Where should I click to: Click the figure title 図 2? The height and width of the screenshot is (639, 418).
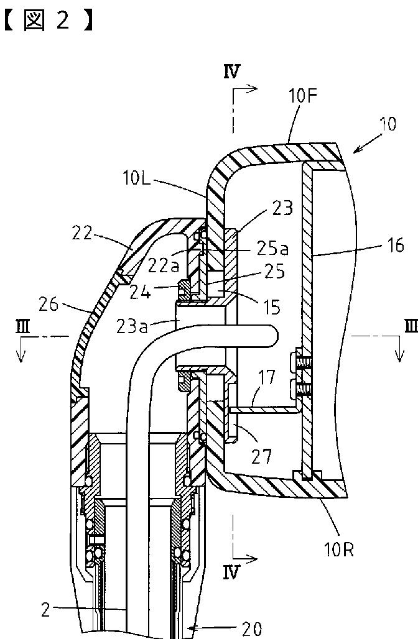49,21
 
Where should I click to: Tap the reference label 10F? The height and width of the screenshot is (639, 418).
302,96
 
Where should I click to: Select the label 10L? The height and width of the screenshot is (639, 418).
136,178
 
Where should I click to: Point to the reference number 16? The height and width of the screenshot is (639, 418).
395,246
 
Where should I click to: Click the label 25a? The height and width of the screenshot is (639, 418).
273,248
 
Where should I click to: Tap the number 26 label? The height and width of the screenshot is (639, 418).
49,305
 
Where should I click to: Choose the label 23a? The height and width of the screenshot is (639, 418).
132,327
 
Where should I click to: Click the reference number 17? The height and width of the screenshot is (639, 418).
267,377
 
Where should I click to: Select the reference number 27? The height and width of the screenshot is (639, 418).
261,456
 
